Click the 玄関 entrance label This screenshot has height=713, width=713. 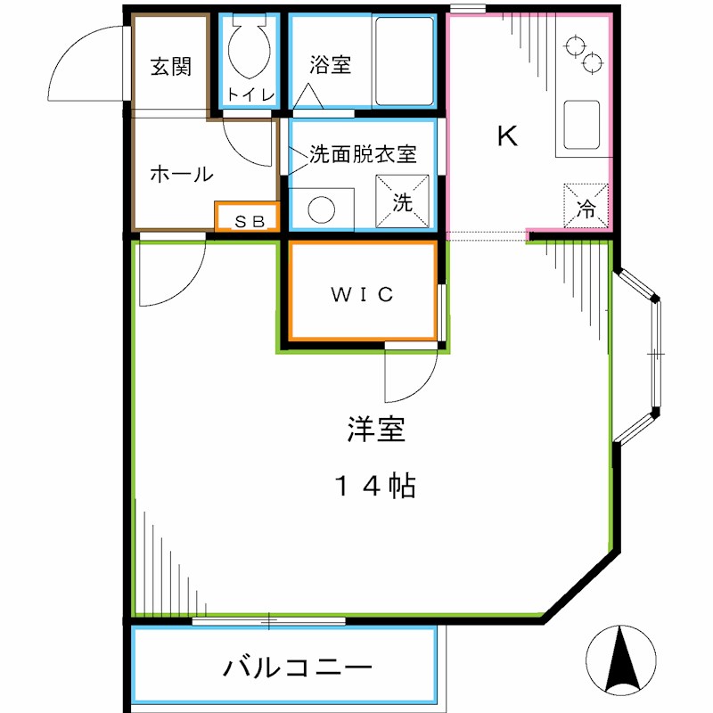click(170, 68)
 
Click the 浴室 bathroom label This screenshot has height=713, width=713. click(330, 65)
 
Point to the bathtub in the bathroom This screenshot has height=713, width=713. click(403, 60)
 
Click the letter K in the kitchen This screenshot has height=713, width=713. click(506, 136)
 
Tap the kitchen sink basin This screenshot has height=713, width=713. click(581, 124)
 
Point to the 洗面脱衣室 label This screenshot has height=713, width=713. click(363, 153)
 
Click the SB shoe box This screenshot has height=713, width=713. click(249, 218)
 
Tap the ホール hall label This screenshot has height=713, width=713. click(181, 174)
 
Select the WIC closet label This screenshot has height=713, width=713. click(363, 294)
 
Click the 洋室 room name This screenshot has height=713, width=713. click(375, 430)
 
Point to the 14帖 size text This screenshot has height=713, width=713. click(375, 486)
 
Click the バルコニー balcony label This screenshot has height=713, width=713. click(297, 667)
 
